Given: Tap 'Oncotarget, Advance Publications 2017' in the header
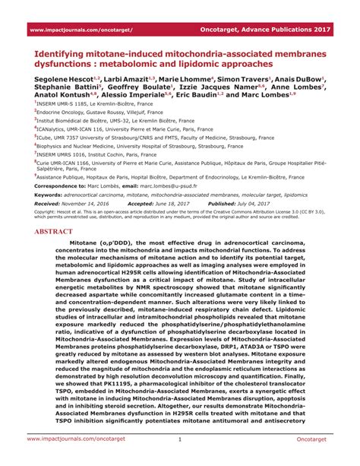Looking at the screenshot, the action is (280, 30).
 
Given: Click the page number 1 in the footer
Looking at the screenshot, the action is (179, 439).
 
